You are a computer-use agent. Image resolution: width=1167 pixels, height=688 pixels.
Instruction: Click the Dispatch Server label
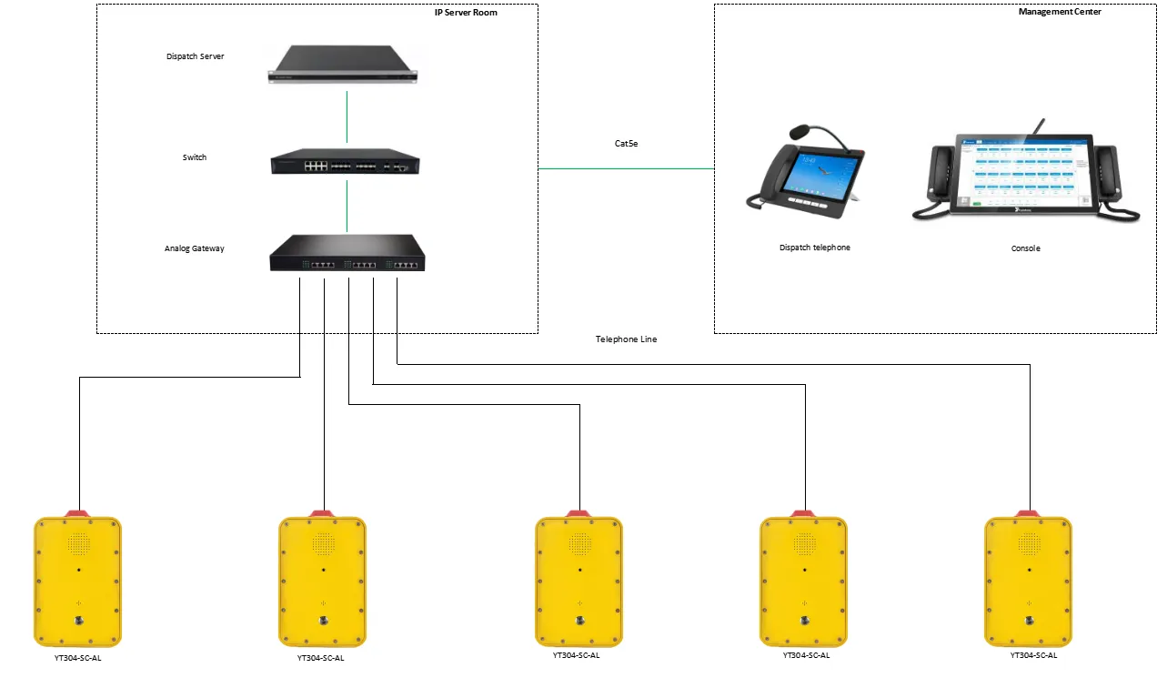tap(195, 56)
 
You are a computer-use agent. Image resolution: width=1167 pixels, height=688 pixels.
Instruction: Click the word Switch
tap(195, 157)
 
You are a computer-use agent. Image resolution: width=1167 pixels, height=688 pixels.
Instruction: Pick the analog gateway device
tap(346, 254)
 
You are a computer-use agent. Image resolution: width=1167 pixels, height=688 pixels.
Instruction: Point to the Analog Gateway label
tap(194, 248)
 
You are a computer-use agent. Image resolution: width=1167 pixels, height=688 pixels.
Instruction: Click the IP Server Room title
tap(466, 12)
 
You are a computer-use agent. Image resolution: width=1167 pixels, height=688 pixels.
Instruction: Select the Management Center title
tap(1060, 12)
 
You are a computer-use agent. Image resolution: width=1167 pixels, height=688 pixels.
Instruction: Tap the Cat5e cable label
tap(627, 144)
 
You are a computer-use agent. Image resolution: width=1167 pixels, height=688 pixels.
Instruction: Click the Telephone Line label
tap(626, 339)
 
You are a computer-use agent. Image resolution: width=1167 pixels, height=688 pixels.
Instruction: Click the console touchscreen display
tap(1023, 173)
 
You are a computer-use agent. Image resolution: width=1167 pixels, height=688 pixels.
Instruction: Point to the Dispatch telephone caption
tap(815, 248)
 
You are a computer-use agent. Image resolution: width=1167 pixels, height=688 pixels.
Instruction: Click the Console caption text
tap(1025, 248)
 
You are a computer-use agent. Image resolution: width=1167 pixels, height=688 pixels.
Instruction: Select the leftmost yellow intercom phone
tap(77, 580)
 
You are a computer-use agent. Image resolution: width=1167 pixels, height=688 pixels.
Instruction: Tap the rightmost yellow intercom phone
tap(1029, 580)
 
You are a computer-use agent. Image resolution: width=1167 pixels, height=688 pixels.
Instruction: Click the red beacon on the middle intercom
tap(578, 513)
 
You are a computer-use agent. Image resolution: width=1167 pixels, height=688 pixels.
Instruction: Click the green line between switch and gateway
tap(347, 206)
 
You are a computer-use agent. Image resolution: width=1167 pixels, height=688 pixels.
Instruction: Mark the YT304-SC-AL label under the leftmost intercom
tap(77, 657)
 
